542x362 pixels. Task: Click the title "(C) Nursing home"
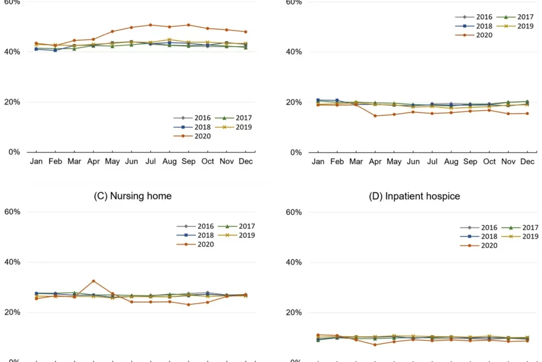tap(132, 196)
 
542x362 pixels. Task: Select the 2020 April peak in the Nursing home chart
tap(93, 281)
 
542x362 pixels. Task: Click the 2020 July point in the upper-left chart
tap(151, 25)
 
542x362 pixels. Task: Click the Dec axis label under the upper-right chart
tap(528, 162)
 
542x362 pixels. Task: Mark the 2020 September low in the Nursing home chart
tap(189, 305)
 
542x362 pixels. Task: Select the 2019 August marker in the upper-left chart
tap(169, 40)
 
